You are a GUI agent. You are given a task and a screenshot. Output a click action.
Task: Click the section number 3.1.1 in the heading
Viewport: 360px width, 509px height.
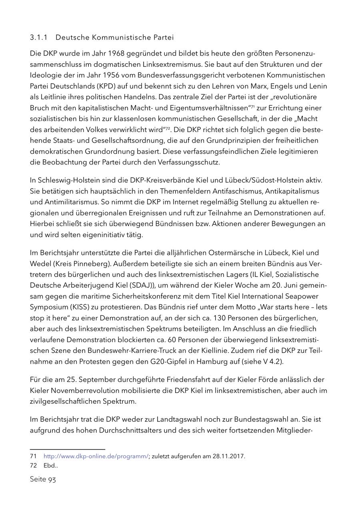38,38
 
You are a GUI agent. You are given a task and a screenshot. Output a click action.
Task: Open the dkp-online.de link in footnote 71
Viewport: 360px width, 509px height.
96,456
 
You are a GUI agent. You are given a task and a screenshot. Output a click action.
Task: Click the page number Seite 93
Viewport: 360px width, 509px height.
43,479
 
